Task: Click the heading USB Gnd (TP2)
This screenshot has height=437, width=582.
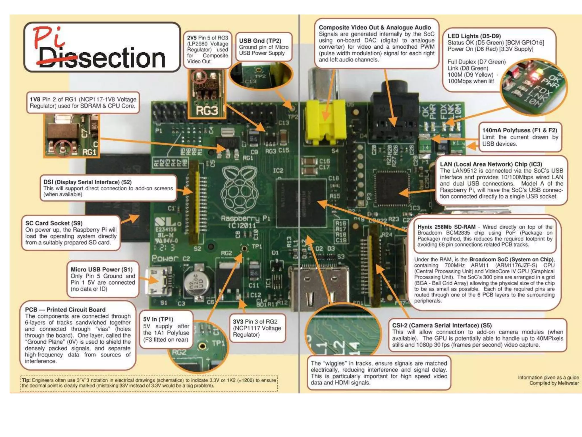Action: click(260, 41)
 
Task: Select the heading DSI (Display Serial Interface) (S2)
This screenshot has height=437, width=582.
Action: click(87, 182)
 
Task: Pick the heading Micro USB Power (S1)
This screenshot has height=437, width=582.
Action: click(101, 269)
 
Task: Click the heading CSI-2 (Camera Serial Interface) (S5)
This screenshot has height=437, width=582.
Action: click(442, 325)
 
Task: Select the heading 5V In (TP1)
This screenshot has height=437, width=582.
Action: click(158, 319)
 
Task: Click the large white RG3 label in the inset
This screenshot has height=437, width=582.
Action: click(207, 111)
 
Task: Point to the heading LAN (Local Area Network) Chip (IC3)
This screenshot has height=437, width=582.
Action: click(491, 164)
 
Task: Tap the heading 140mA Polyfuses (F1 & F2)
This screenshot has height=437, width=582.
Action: click(519, 130)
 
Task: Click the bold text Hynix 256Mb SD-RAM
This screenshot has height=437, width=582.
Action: click(446, 227)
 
